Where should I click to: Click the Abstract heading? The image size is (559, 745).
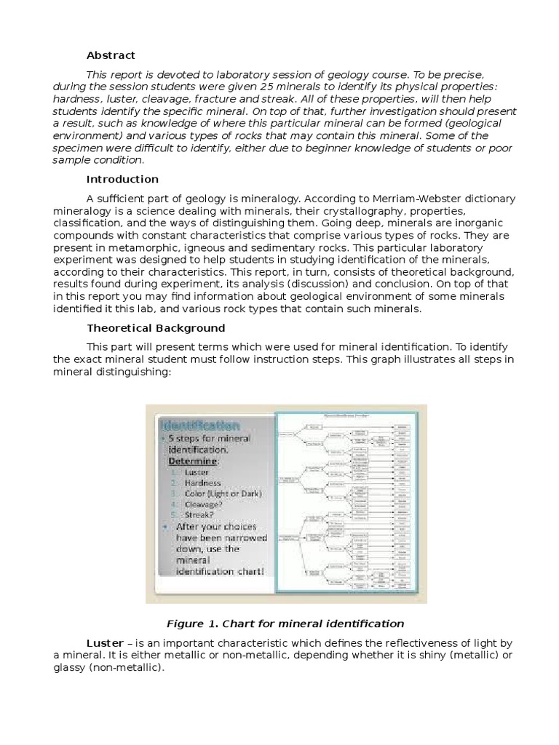pos(111,55)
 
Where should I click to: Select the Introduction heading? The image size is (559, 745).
pos(122,179)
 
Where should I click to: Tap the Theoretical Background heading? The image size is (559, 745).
pos(156,328)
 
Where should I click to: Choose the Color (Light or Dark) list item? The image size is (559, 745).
pos(223,493)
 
